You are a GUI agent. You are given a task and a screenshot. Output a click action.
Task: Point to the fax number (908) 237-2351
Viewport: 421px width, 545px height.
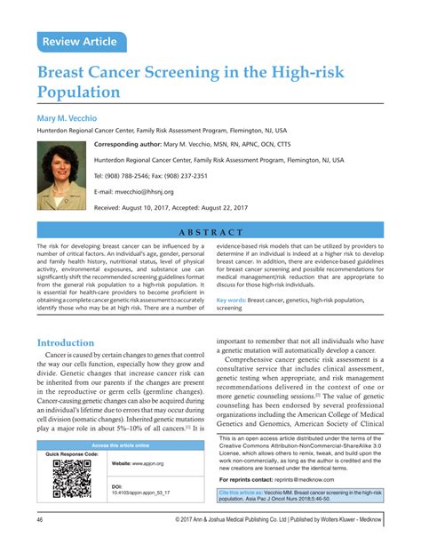point(207,175)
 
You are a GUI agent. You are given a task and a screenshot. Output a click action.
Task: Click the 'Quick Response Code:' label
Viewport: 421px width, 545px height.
point(72,454)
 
